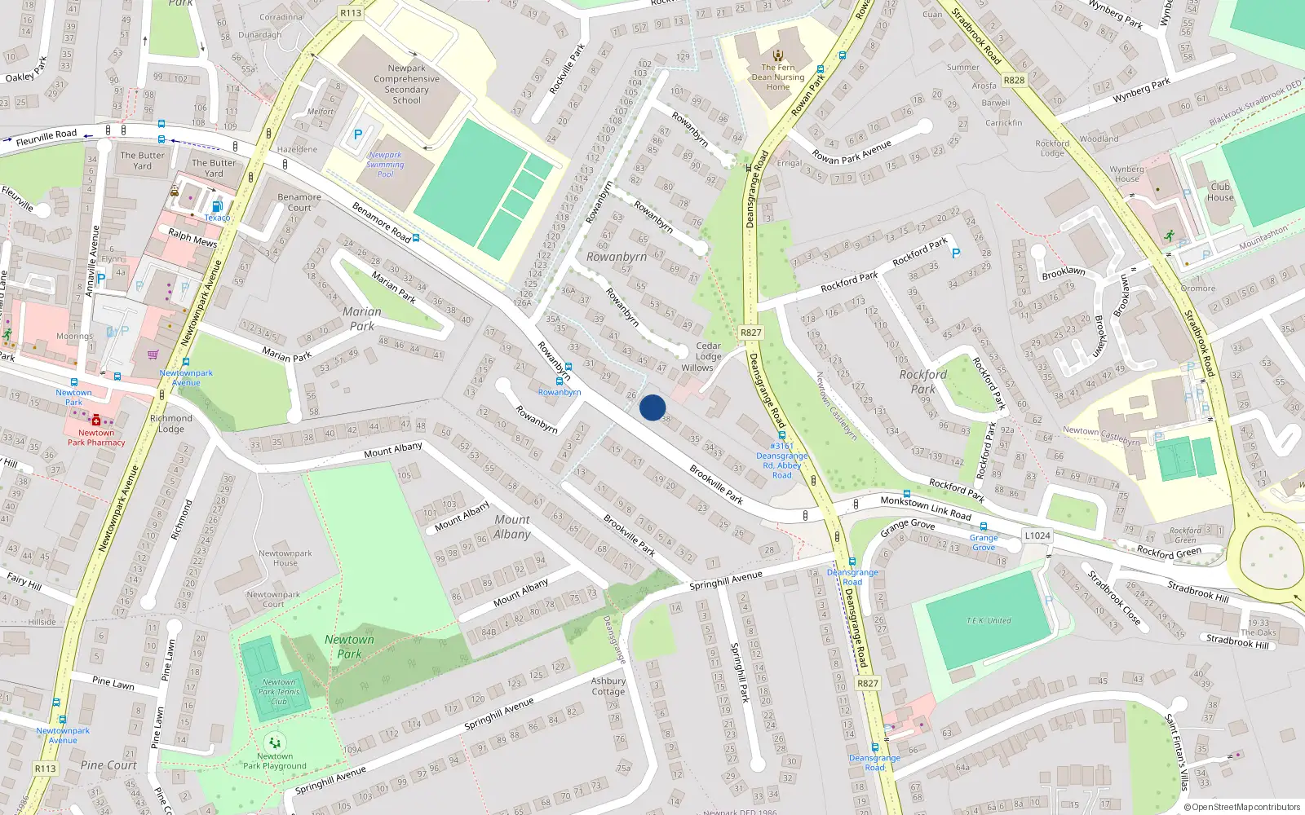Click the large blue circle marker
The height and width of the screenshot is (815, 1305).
[652, 407]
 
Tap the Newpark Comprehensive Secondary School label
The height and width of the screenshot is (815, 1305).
[406, 85]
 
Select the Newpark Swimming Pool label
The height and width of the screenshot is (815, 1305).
[385, 165]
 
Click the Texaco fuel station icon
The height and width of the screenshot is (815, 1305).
[216, 207]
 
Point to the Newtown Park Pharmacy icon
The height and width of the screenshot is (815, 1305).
[96, 420]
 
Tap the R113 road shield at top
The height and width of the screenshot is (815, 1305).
[350, 13]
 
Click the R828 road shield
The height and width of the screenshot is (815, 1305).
[1014, 80]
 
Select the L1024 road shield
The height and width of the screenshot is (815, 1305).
[1037, 535]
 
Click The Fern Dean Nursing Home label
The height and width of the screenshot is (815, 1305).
[777, 77]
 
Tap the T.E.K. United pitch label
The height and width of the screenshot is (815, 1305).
[989, 621]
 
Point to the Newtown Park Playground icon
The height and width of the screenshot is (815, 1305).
[275, 743]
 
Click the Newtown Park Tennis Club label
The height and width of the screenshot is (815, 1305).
[279, 692]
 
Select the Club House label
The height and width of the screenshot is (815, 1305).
[1220, 192]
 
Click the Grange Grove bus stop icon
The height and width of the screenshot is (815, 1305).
[983, 526]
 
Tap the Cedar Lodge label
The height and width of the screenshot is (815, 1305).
[708, 351]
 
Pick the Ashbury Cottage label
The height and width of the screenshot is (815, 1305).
[608, 686]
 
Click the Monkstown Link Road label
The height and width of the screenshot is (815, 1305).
[926, 508]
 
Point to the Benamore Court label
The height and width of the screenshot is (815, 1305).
[299, 202]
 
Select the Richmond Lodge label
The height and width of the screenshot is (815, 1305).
[171, 424]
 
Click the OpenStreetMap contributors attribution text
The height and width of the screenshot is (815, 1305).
[1241, 807]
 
